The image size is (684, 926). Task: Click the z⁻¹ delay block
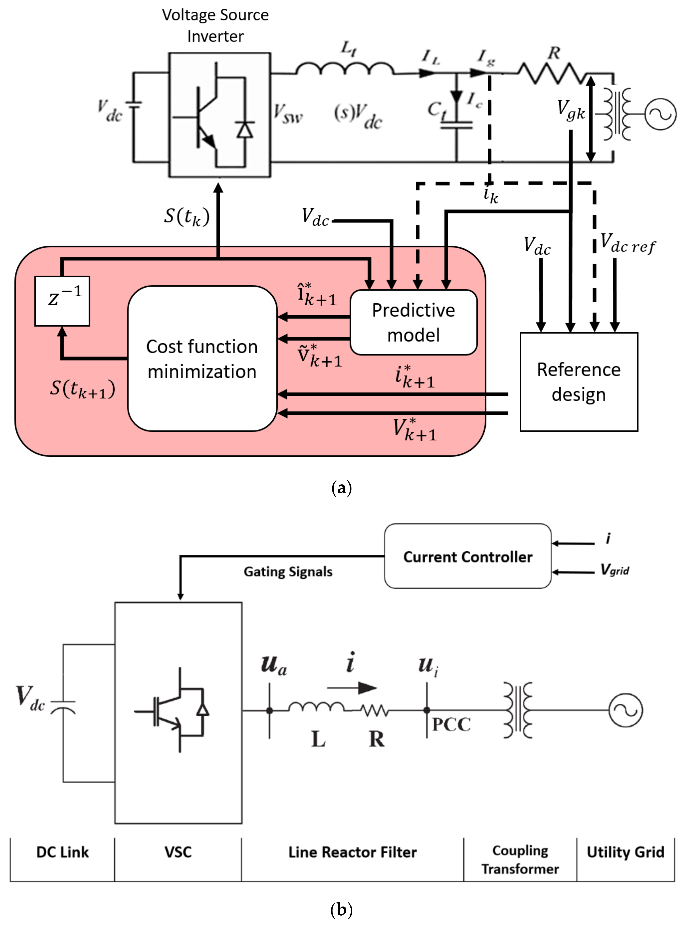[62, 301]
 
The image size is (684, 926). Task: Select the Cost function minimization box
[202, 359]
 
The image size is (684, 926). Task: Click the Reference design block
[578, 382]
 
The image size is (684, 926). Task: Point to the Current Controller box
[468, 556]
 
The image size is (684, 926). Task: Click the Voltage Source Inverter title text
[215, 26]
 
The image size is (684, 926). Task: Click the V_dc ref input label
[627, 243]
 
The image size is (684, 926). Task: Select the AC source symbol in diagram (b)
[625, 710]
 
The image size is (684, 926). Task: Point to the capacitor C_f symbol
[456, 124]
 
